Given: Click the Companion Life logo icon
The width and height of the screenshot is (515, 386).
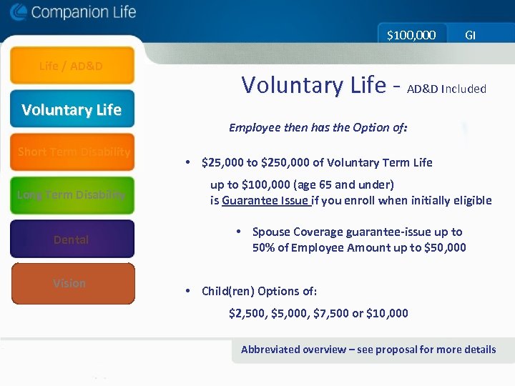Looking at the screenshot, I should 19,12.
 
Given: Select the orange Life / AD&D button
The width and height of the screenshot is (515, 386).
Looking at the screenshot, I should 72,66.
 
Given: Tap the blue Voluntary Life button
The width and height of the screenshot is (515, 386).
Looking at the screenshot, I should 72,109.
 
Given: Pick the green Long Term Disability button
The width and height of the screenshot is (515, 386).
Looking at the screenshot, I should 72,195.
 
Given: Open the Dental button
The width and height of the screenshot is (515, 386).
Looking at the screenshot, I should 72,239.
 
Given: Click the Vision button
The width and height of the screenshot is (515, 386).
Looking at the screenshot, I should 72,283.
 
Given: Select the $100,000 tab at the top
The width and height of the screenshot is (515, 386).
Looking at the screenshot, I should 411,34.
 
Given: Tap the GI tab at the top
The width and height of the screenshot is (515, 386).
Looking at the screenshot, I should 470,34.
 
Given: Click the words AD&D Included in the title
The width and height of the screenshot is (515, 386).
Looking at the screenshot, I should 446,89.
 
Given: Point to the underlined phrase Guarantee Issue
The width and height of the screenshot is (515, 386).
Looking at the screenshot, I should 265,201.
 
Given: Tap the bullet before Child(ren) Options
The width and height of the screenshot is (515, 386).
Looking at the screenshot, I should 187,291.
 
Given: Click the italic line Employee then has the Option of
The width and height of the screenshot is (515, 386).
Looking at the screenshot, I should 318,128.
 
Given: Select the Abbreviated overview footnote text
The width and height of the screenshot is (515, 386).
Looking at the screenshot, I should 368,350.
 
